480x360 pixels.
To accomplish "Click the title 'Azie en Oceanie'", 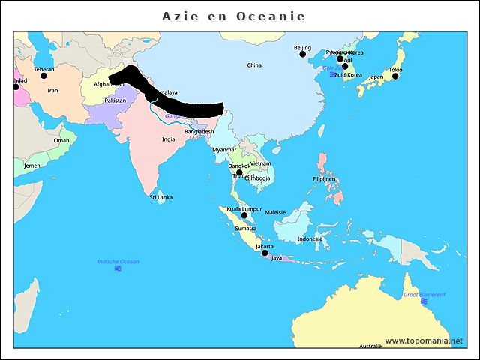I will (233, 16).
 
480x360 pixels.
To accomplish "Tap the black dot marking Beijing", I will (303, 54).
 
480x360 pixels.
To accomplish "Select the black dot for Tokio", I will (395, 76).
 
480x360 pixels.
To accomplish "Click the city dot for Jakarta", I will (265, 253).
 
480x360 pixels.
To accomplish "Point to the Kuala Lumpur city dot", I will (244, 215).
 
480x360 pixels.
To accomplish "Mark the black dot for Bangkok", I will (239, 172).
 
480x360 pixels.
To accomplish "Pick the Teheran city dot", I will (44, 76).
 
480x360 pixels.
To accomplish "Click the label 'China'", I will (254, 65).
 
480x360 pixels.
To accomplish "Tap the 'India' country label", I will (169, 139).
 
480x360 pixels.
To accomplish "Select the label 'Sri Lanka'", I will (160, 197).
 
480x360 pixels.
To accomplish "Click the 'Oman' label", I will (61, 140).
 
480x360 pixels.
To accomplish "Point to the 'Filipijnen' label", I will (327, 179).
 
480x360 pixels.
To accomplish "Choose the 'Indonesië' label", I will (310, 238).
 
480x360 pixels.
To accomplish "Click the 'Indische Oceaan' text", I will (118, 261).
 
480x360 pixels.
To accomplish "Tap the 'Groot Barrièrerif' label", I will (424, 295).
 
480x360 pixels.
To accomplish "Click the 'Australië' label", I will (370, 346).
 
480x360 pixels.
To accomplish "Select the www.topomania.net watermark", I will (424, 340).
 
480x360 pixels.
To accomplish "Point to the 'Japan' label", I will (376, 76).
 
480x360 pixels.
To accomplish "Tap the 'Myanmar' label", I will (224, 150).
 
